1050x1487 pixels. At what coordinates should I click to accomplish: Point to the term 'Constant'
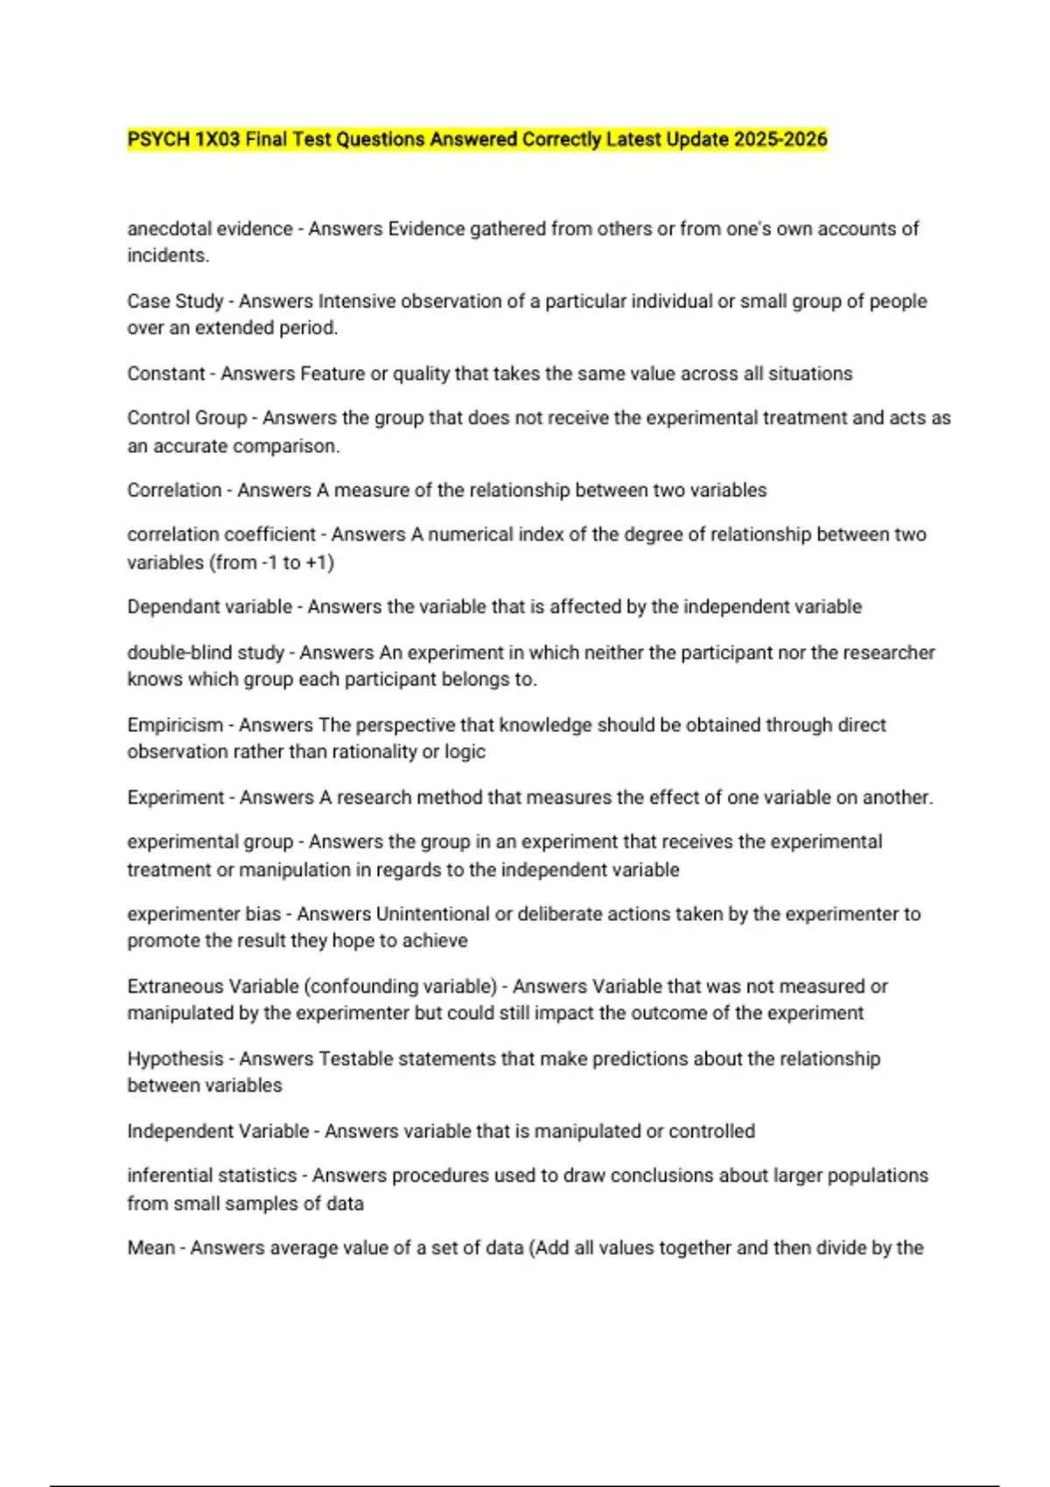tap(165, 374)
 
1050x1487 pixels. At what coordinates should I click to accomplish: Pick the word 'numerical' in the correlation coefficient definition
tap(468, 534)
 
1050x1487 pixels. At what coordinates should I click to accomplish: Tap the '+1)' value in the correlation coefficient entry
tap(319, 562)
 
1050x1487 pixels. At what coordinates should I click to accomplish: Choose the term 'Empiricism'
tap(175, 725)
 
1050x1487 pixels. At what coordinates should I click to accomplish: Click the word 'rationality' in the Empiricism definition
tap(346, 752)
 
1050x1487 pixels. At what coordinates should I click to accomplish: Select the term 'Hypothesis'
tap(175, 1059)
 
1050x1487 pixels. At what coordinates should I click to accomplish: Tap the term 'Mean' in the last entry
tap(150, 1248)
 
